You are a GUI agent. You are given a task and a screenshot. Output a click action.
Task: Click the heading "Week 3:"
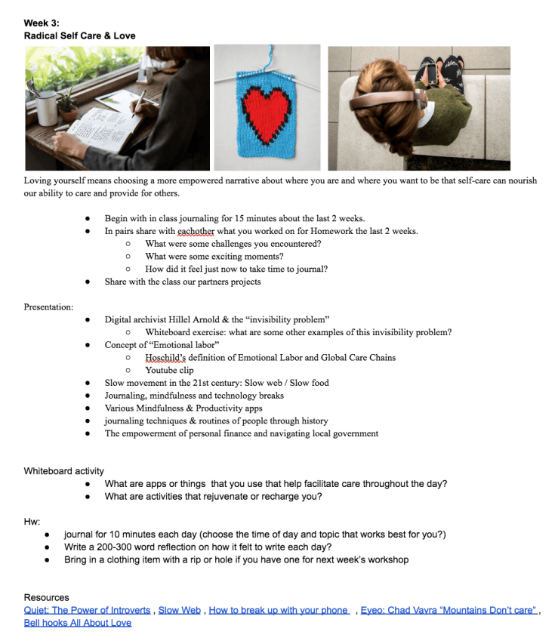click(x=42, y=23)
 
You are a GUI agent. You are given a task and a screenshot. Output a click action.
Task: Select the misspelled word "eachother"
click(x=199, y=231)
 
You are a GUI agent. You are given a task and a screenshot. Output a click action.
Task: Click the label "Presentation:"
click(x=48, y=307)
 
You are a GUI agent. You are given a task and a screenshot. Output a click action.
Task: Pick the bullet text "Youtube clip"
click(x=169, y=370)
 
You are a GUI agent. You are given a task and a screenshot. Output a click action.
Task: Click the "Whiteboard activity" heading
click(x=64, y=471)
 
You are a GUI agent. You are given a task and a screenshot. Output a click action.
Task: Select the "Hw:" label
click(x=31, y=521)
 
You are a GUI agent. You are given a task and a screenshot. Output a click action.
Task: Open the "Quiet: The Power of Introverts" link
click(x=88, y=610)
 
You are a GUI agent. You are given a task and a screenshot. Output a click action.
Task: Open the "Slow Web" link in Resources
click(x=180, y=610)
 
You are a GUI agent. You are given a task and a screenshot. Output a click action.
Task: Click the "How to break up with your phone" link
click(x=279, y=610)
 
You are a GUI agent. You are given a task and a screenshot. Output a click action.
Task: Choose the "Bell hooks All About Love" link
click(x=78, y=623)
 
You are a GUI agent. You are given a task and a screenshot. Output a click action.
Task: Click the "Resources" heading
click(x=46, y=597)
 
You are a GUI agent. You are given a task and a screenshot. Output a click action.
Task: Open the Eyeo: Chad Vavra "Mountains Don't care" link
click(x=449, y=610)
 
